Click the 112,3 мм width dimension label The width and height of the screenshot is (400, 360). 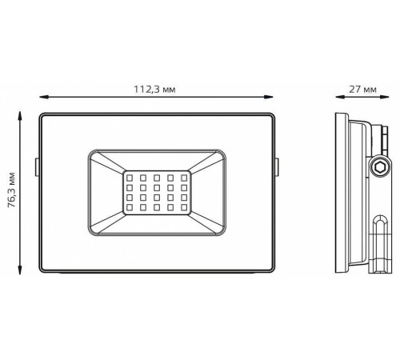click(x=154, y=89)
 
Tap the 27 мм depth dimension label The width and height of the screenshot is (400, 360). click(x=363, y=90)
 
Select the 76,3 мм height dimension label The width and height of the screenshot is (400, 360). click(x=12, y=190)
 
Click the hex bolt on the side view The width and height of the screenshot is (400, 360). click(x=379, y=168)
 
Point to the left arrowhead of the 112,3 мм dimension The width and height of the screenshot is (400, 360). click(x=44, y=97)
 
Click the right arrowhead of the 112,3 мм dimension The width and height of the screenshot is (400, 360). click(x=268, y=97)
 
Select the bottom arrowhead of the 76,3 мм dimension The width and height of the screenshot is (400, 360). click(x=19, y=270)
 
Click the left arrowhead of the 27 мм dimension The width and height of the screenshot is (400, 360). click(x=340, y=97)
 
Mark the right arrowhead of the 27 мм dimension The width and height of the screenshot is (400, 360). click(x=384, y=97)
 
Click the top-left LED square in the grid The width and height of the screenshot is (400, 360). click(x=130, y=178)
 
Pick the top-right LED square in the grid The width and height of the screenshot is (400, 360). click(x=184, y=178)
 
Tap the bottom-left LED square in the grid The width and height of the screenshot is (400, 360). click(x=130, y=207)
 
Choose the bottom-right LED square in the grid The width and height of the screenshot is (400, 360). click(x=184, y=207)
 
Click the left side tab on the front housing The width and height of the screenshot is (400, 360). click(x=37, y=167)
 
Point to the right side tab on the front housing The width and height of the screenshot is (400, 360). click(x=277, y=167)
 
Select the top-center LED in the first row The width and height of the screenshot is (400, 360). click(x=157, y=178)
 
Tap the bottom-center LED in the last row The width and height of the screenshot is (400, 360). click(x=157, y=207)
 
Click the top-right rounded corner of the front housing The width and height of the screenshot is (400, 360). click(x=272, y=115)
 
